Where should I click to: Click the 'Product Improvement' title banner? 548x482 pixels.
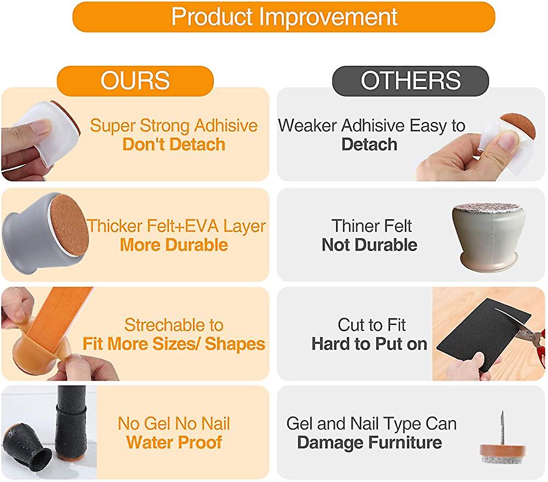click(284, 17)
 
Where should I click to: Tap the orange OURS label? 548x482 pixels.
click(135, 80)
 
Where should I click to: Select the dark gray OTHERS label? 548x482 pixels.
click(411, 80)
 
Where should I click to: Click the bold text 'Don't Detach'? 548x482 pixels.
click(174, 144)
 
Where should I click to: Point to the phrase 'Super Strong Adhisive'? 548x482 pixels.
click(174, 126)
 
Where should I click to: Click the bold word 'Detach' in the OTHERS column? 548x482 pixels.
click(370, 144)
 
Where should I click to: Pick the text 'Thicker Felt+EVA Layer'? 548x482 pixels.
click(176, 226)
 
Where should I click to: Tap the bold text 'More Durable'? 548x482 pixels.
click(174, 245)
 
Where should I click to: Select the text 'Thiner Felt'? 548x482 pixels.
click(372, 226)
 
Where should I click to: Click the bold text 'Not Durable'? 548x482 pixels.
click(370, 245)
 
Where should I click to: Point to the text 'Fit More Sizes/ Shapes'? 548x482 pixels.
click(174, 344)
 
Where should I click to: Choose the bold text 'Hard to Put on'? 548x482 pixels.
click(370, 344)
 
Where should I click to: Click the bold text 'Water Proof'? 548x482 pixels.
click(174, 443)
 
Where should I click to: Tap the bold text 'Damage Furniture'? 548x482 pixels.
click(370, 443)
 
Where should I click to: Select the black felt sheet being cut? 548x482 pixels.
click(484, 335)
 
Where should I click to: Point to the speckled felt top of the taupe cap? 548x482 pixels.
click(489, 207)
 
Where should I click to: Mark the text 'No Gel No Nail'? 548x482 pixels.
click(174, 423)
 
